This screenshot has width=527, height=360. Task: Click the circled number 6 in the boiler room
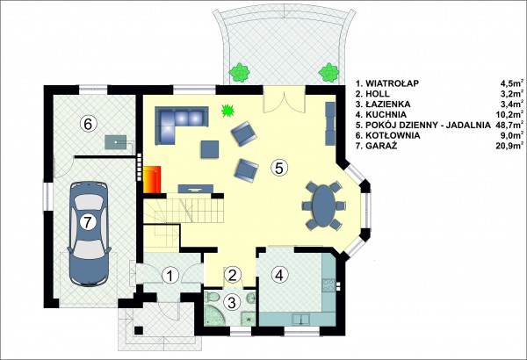(88, 124)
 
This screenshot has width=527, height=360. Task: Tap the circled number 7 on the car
(88, 222)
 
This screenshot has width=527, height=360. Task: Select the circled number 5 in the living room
(279, 168)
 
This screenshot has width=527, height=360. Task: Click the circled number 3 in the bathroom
(232, 302)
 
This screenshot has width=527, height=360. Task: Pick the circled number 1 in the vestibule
(170, 276)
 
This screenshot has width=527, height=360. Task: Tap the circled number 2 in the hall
(232, 275)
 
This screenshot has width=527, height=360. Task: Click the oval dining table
(324, 205)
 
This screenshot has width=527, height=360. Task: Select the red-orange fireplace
(152, 179)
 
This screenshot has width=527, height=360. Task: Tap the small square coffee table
(210, 149)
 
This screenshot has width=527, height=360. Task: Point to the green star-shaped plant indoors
(227, 111)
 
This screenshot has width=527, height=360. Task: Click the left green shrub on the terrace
(239, 72)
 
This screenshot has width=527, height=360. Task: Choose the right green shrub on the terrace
(328, 72)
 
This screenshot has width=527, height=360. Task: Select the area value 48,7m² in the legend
(509, 125)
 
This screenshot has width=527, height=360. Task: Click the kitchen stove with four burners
(328, 285)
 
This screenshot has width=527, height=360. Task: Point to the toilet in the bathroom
(213, 298)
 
